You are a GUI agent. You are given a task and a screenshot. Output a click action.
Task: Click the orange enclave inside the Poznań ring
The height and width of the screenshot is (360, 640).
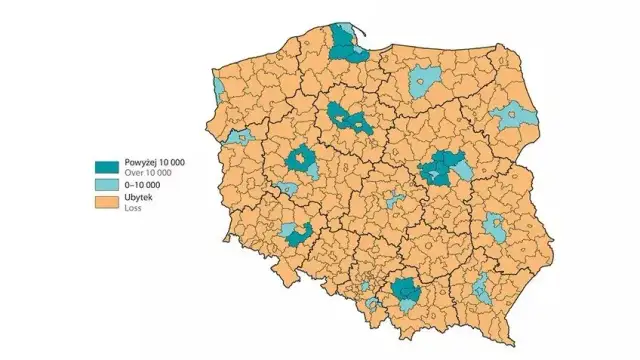tap(300, 158)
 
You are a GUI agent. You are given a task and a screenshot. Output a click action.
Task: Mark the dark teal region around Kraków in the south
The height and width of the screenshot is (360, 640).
tap(405, 293)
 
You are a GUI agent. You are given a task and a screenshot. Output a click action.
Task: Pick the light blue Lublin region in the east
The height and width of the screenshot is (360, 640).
tap(495, 227)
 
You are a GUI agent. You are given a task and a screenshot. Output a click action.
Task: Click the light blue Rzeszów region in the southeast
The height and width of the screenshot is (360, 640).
tap(482, 288)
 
